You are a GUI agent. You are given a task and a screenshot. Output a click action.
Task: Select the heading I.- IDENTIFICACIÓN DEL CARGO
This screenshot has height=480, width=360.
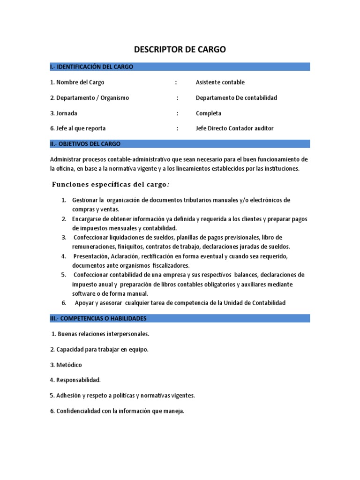(x=92, y=67)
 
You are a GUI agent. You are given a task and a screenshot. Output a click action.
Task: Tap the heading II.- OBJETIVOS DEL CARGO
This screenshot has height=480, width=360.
(x=85, y=143)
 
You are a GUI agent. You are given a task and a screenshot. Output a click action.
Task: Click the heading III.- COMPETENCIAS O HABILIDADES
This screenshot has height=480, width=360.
(x=98, y=318)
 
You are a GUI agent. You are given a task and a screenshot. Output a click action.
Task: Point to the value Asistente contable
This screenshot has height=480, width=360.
(x=220, y=82)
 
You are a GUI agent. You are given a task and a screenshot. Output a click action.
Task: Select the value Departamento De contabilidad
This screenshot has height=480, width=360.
(x=236, y=98)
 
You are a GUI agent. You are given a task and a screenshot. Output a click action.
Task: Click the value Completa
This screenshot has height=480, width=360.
(x=208, y=113)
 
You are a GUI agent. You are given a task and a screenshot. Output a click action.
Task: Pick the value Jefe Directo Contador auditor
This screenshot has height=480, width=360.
(x=234, y=128)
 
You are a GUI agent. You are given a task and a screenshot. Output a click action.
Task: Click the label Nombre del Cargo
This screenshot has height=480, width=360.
(x=80, y=82)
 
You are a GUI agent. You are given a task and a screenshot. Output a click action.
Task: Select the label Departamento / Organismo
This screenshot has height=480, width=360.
(x=92, y=98)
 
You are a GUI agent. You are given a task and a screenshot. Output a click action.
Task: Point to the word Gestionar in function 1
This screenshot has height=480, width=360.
(x=85, y=200)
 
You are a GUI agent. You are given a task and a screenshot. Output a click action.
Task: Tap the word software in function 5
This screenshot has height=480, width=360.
(x=83, y=293)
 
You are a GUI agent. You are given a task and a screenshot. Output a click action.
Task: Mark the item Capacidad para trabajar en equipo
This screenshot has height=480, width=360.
(x=102, y=350)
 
